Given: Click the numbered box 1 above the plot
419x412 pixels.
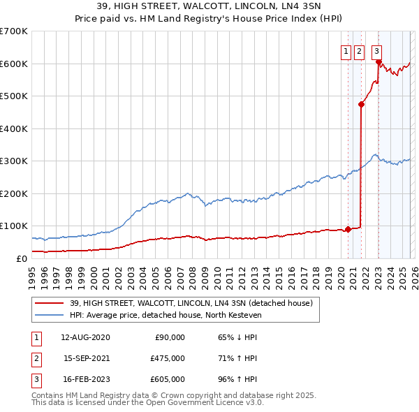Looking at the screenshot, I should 346,50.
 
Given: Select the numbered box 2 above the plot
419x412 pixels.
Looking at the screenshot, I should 359,50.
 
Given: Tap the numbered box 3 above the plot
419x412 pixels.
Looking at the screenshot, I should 376,50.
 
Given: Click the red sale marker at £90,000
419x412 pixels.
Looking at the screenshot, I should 348,229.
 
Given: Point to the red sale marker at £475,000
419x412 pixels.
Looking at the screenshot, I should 361,105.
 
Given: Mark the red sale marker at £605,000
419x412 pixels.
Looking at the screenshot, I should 378,62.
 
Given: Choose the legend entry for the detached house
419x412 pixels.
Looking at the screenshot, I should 195,303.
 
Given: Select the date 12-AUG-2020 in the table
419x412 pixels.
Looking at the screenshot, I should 85,337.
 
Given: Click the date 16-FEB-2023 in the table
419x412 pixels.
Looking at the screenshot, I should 85,380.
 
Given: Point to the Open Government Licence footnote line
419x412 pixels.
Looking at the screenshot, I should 147,402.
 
